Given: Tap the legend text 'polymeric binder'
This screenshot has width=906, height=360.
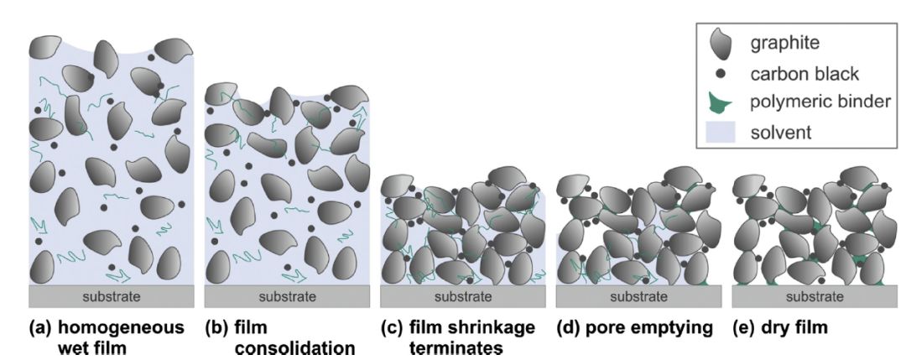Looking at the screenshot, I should tap(819, 104).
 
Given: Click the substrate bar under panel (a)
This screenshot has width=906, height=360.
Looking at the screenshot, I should tap(112, 296).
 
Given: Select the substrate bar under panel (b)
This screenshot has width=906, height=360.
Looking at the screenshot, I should tap(288, 296).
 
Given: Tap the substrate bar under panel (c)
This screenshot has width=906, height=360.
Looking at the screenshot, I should tap(463, 296).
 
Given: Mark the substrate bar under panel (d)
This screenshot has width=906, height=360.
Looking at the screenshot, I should tap(638, 296).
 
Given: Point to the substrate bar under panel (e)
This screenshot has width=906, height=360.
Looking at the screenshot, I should tap(815, 296).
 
